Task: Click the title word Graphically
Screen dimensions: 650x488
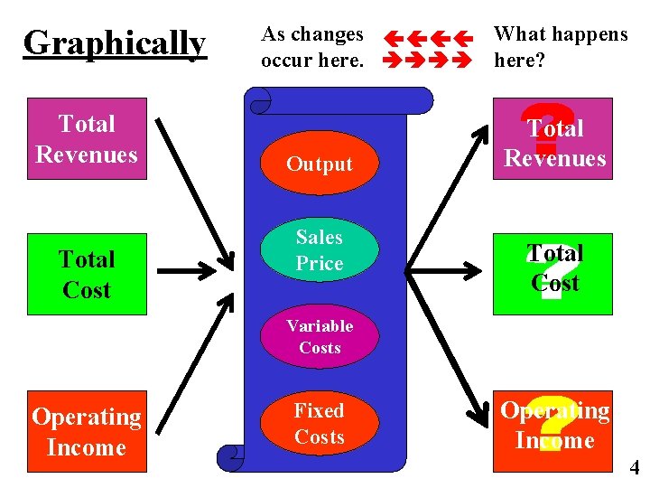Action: click(115, 43)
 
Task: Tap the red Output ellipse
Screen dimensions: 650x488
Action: click(320, 164)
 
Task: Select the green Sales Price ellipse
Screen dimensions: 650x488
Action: click(320, 250)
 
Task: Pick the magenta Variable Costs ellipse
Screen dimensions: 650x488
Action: click(320, 336)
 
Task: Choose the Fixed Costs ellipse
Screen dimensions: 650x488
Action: click(320, 424)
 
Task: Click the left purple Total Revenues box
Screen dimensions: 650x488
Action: click(87, 139)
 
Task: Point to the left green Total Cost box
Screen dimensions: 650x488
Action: click(87, 275)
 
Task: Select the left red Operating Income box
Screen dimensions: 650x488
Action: click(87, 432)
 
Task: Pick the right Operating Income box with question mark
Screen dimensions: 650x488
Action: click(552, 427)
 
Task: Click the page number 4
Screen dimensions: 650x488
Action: click(635, 468)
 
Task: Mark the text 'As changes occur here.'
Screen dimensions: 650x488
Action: click(312, 47)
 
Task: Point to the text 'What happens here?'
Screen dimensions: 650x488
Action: click(561, 47)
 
